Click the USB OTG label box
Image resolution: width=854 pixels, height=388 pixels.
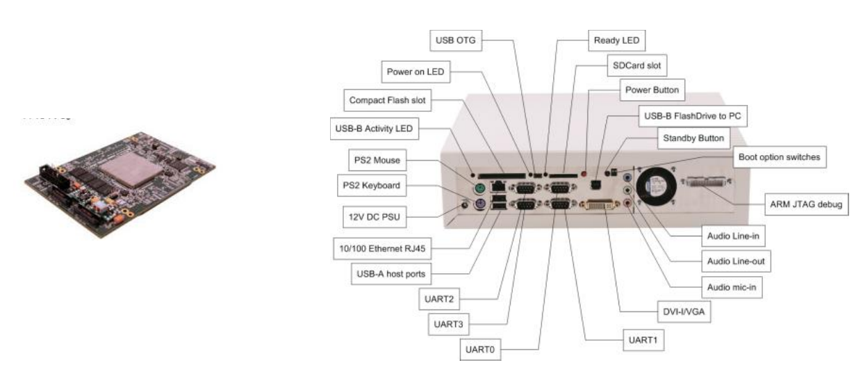(456, 40)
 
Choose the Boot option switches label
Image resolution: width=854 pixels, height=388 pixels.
(778, 157)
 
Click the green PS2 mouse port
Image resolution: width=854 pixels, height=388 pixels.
(479, 188)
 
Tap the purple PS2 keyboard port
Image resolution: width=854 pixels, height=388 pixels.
(478, 205)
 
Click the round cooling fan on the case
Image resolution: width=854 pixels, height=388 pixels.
(655, 186)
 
